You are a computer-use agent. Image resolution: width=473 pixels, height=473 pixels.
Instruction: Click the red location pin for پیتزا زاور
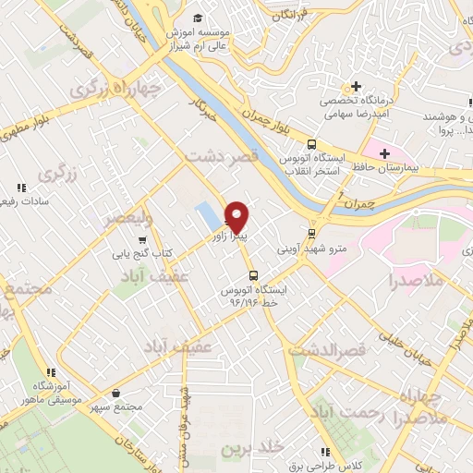coord(236,215)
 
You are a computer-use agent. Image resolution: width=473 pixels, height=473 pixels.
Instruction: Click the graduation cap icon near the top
coord(198,18)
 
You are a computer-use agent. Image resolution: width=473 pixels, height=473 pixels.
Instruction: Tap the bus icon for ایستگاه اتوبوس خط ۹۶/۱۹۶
coord(252,275)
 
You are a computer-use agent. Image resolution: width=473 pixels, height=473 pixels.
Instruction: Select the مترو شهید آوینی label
coord(310,249)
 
